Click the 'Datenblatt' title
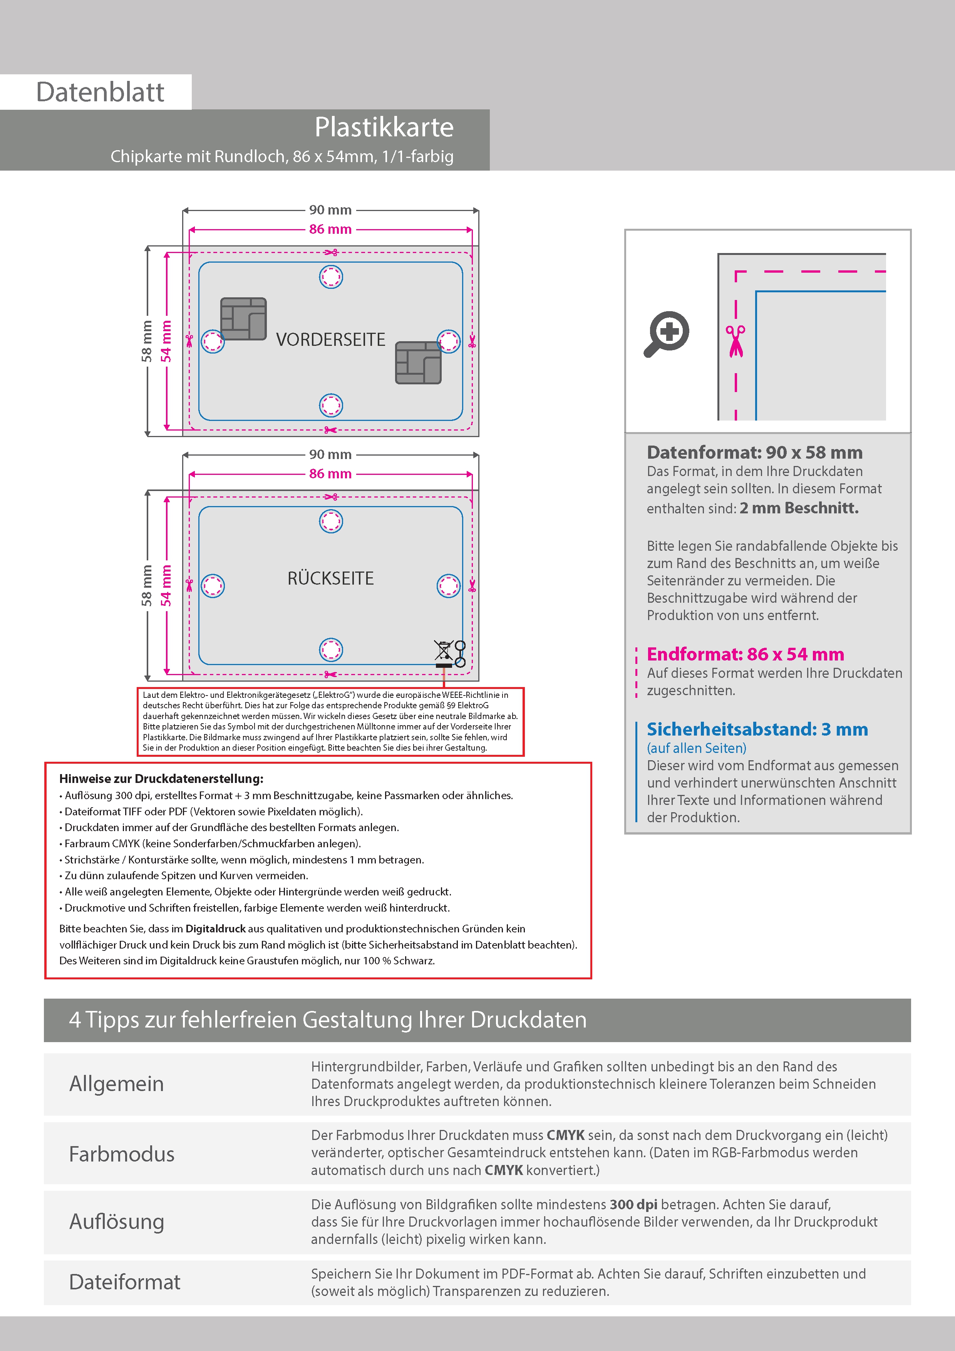coord(100,92)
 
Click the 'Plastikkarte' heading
coord(384,127)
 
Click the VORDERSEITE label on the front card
coord(331,340)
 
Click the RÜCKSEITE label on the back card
coord(331,578)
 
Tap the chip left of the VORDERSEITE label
coord(243,319)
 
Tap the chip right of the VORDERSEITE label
coord(418,362)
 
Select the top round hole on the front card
coord(331,277)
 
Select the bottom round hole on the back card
coord(331,650)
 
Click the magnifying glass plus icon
coord(667,334)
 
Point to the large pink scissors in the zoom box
coord(735,341)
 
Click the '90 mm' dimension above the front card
coord(330,210)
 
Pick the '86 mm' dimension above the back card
coord(330,474)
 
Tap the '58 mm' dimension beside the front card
coord(146,341)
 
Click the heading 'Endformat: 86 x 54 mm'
coord(745,654)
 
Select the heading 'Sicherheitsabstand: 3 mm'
coord(757,730)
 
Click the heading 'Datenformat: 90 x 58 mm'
coord(754,453)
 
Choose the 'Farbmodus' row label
coord(122,1155)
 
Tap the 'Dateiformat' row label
coord(125,1282)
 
